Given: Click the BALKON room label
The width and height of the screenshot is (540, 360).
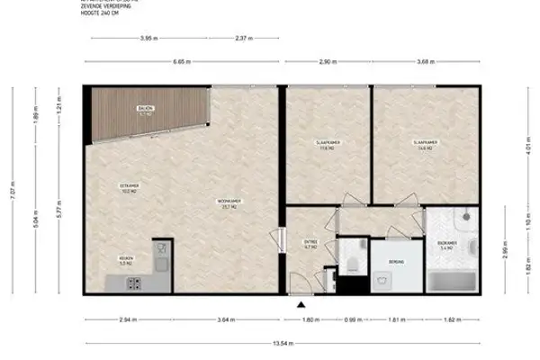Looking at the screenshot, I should point(144,110).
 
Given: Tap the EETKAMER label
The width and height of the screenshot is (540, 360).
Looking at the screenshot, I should point(129,187).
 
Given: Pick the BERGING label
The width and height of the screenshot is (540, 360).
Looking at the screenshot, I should point(396,262).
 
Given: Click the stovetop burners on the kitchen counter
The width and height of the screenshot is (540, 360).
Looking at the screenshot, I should point(132,283).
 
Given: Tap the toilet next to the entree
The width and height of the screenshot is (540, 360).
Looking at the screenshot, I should point(354,260).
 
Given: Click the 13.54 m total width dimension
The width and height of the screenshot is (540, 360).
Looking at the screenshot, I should point(269,343).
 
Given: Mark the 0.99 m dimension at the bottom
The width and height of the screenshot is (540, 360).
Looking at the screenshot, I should point(354,319).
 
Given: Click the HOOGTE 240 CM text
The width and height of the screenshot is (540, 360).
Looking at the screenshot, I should point(99,13).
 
